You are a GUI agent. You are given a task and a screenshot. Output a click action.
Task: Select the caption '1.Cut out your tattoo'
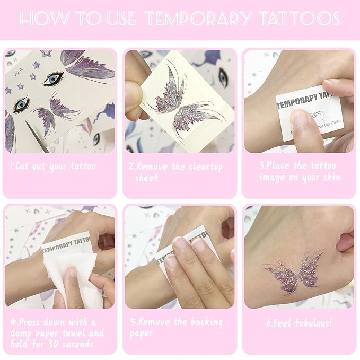[53, 166]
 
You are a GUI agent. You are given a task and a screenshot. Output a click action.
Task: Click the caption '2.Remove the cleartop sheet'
[175, 172]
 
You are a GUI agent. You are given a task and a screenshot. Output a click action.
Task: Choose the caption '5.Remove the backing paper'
[175, 328]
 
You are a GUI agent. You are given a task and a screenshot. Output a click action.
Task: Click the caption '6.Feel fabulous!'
[299, 322]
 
